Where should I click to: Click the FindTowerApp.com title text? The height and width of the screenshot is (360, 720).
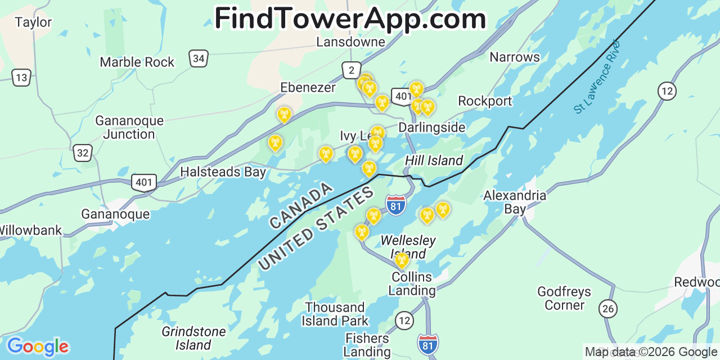click(350, 18)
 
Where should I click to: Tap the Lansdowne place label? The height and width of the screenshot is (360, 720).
click(350, 42)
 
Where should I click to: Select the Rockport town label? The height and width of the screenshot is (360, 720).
click(485, 101)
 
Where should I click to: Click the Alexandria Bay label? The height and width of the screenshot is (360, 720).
click(514, 202)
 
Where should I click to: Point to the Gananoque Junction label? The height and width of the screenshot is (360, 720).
click(129, 128)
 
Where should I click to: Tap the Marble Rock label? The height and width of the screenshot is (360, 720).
click(137, 62)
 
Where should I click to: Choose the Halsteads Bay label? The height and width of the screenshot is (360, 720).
click(223, 172)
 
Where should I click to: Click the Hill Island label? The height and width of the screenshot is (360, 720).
click(434, 161)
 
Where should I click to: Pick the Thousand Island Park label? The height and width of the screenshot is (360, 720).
click(335, 314)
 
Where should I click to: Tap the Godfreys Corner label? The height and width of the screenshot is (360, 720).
click(564, 299)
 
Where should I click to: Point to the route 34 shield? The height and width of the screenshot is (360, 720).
click(199, 58)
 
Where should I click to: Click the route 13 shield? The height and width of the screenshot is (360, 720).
click(21, 77)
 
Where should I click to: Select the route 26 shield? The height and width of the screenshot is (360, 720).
click(607, 308)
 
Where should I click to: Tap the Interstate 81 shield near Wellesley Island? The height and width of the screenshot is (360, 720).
click(396, 204)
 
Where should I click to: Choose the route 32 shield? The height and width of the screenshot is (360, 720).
click(83, 152)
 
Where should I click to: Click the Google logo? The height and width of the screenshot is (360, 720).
click(37, 346)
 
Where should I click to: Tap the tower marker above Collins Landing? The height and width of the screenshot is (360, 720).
click(402, 260)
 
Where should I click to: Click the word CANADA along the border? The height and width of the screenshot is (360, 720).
click(300, 206)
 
